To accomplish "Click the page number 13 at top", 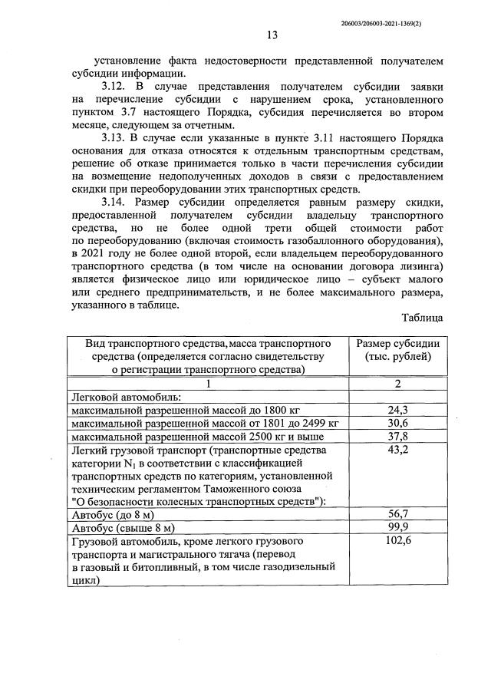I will click(272, 35).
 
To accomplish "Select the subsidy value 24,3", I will click(398, 411).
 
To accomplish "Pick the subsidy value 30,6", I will click(398, 424).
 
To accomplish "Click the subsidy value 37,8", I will click(398, 437).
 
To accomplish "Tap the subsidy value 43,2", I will click(398, 450).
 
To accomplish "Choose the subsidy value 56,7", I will click(398, 515).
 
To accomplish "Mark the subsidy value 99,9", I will click(398, 529).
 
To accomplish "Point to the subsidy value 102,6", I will click(398, 543).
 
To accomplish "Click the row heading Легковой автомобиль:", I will click(125, 397).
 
